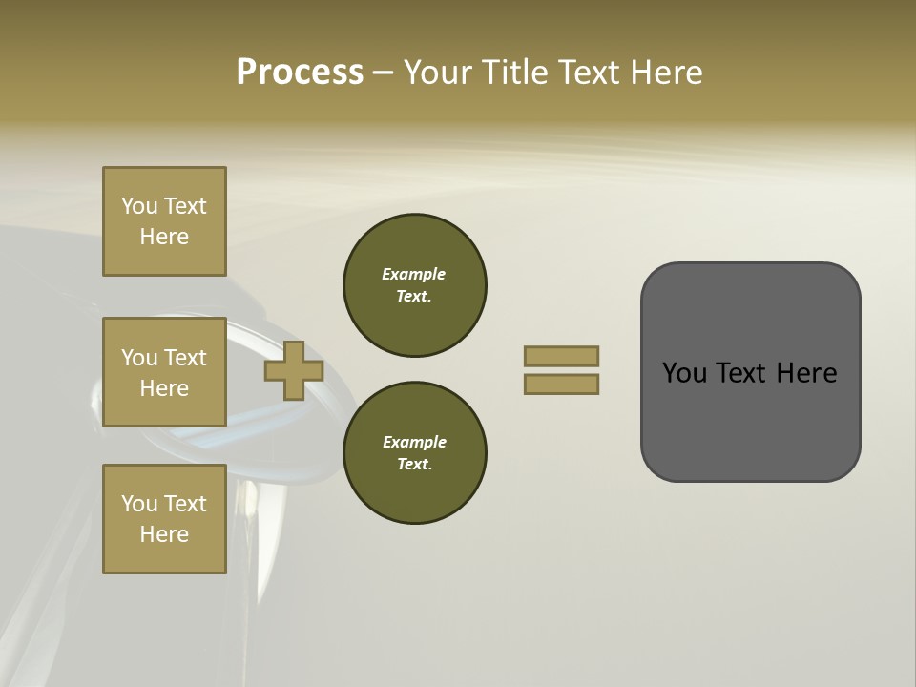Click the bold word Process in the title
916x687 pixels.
tap(300, 73)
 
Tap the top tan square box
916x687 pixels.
tap(164, 221)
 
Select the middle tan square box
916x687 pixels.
tap(164, 372)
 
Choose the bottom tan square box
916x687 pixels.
tap(164, 519)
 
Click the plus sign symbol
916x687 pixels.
tap(294, 371)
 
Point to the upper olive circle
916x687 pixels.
tap(415, 285)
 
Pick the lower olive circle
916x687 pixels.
tap(415, 453)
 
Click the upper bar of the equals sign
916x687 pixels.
tap(562, 356)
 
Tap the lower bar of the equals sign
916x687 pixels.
tap(562, 385)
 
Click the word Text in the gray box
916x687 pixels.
tap(741, 373)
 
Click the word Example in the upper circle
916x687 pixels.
tap(414, 274)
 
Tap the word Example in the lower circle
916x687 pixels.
tap(414, 442)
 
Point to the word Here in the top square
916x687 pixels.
tap(164, 237)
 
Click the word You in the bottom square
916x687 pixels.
tap(139, 504)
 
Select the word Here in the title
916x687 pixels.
tap(665, 73)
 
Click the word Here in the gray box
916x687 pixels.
tap(806, 373)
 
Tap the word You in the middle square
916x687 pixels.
tap(139, 358)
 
